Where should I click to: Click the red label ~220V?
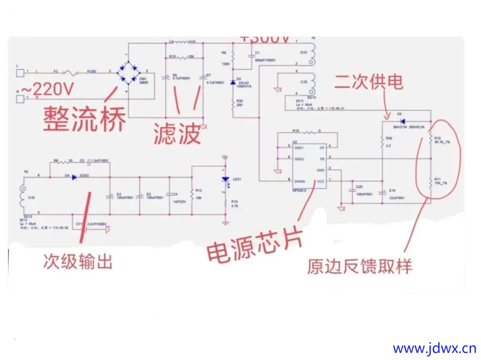[48, 89]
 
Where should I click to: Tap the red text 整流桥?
[84, 117]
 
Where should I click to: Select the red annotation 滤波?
[177, 133]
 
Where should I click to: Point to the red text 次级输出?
[77, 261]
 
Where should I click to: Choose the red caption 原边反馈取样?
[359, 266]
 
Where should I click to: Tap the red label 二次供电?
[369, 82]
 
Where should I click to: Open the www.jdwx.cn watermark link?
[435, 348]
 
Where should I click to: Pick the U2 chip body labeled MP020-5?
[308, 165]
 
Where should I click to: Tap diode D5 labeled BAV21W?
[402, 121]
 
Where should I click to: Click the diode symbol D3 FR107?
[233, 83]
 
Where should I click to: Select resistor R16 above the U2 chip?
[310, 132]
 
